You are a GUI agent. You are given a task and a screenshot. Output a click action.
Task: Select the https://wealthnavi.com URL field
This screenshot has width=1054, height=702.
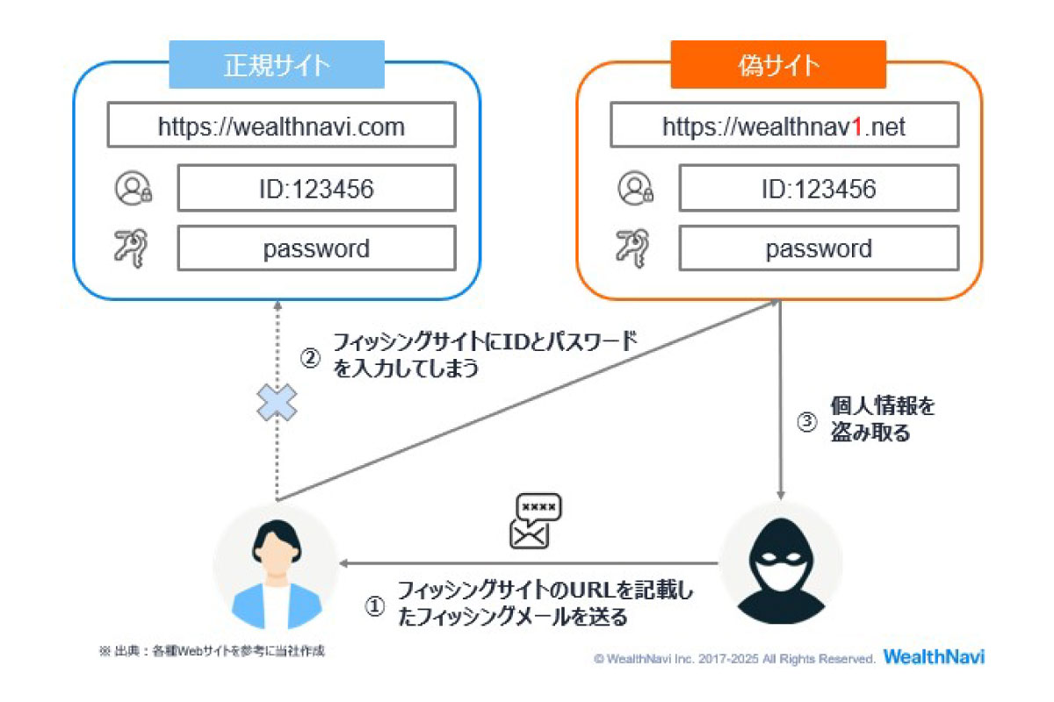pos(281,126)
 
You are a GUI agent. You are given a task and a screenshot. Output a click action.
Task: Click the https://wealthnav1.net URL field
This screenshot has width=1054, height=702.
pos(783,126)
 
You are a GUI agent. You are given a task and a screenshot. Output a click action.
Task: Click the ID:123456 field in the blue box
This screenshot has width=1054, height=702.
pos(316,188)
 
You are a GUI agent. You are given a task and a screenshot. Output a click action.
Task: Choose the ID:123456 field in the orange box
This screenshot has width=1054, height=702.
pos(819,188)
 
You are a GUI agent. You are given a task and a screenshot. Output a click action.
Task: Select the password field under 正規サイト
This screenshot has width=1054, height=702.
pos(316,248)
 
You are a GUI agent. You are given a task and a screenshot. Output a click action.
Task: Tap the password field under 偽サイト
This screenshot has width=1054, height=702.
pos(819,248)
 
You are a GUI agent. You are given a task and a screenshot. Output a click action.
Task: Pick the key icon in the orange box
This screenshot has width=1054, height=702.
pos(634,248)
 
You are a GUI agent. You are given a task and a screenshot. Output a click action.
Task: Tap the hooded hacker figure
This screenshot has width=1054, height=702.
pos(781,562)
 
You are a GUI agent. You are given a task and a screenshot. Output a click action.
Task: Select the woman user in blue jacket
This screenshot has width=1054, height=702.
pos(274,566)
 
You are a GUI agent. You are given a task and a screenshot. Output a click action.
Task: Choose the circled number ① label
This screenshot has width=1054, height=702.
pos(375,606)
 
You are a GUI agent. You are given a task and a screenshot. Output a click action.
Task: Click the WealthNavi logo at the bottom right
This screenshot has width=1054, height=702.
pos(935,657)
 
